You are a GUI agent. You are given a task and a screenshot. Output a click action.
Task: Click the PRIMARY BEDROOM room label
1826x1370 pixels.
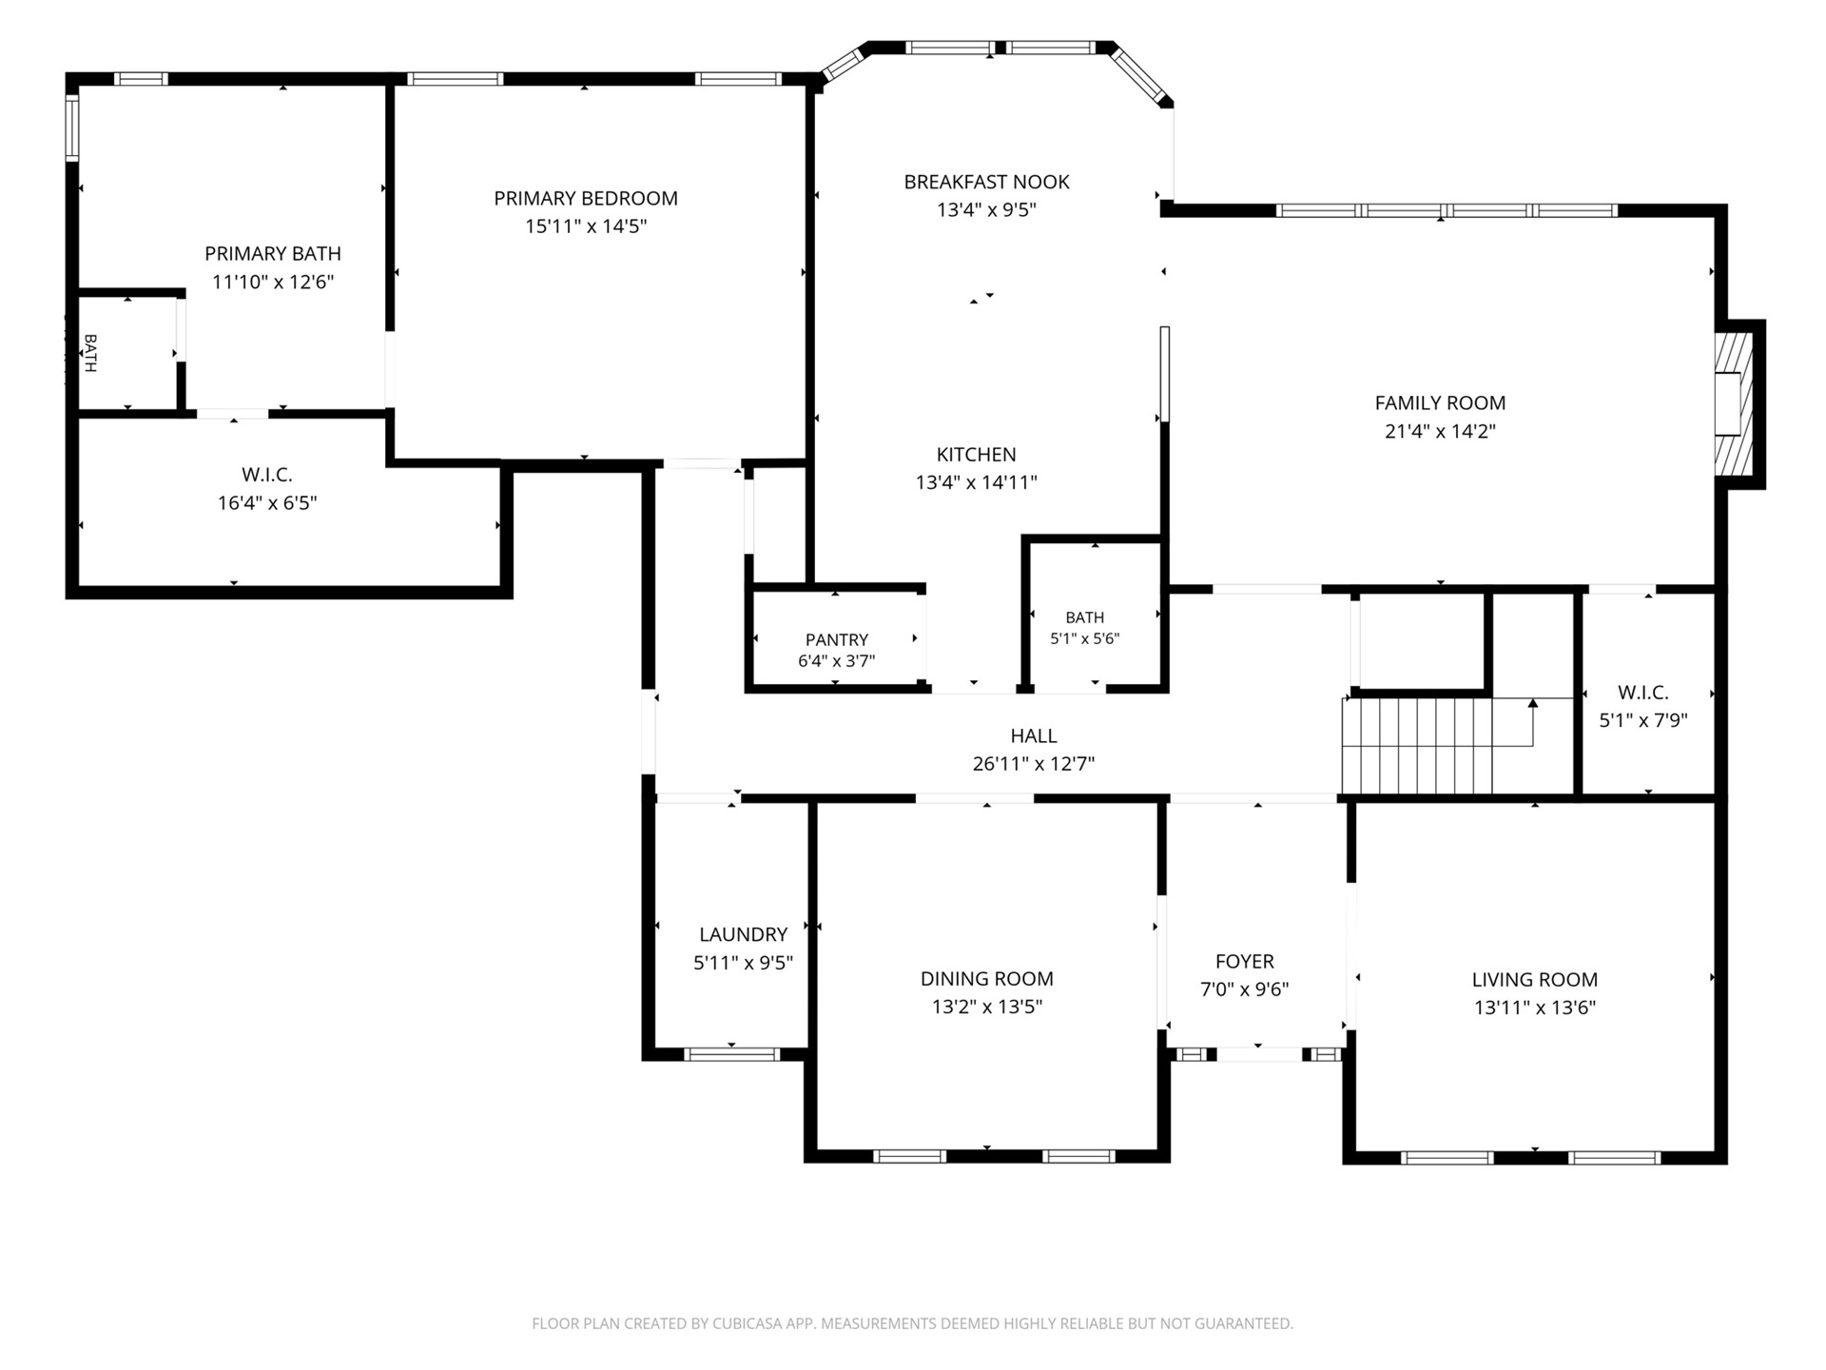(x=586, y=198)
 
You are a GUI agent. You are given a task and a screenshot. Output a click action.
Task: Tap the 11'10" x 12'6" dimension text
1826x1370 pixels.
(x=273, y=282)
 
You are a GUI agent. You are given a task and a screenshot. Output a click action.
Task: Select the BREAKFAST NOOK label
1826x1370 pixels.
(x=986, y=182)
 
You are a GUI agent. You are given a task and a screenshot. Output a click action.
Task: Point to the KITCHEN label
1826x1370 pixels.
(x=976, y=454)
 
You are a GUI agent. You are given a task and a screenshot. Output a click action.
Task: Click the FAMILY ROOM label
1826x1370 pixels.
(x=1440, y=402)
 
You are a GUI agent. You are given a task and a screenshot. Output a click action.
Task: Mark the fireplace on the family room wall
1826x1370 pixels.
(x=1733, y=403)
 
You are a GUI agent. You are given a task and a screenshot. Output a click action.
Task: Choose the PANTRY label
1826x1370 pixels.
(x=837, y=639)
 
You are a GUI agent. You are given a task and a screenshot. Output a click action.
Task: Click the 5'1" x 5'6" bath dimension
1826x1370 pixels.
(x=1084, y=639)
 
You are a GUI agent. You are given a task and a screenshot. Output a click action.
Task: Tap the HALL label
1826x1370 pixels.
(x=1034, y=735)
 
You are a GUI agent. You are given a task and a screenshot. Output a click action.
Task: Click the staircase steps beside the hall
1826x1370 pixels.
(x=1417, y=746)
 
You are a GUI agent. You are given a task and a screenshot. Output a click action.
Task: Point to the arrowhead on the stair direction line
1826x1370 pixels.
(x=1532, y=704)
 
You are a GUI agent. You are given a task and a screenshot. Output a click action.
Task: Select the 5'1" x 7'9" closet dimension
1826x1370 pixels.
(x=1643, y=720)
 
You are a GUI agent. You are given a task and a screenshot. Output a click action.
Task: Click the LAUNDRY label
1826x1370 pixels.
(x=743, y=934)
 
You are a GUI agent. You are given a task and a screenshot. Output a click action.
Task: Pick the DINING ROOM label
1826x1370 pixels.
(x=986, y=978)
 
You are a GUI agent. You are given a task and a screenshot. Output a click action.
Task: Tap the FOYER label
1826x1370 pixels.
(x=1244, y=961)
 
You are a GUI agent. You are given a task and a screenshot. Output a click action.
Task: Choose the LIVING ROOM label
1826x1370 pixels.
(x=1534, y=979)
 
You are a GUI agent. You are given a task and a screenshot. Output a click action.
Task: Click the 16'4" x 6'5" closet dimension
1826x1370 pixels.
(x=267, y=502)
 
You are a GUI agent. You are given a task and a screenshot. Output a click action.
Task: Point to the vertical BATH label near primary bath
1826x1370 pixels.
(x=90, y=352)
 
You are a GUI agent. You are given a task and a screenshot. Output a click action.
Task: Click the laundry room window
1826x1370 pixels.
(x=732, y=1054)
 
